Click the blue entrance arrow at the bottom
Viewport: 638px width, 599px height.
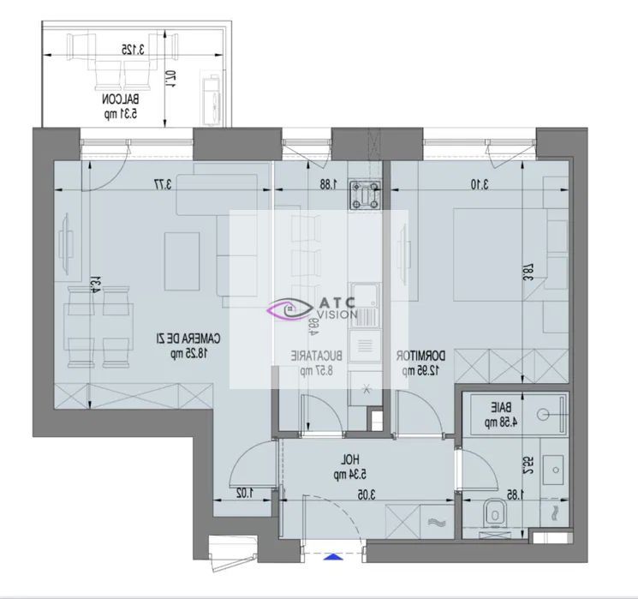[x=333, y=556]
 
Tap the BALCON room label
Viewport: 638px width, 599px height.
[x=120, y=105]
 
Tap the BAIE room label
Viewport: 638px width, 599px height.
[x=497, y=415]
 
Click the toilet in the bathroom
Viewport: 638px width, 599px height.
[x=493, y=515]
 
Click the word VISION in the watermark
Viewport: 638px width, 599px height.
[x=339, y=314]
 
